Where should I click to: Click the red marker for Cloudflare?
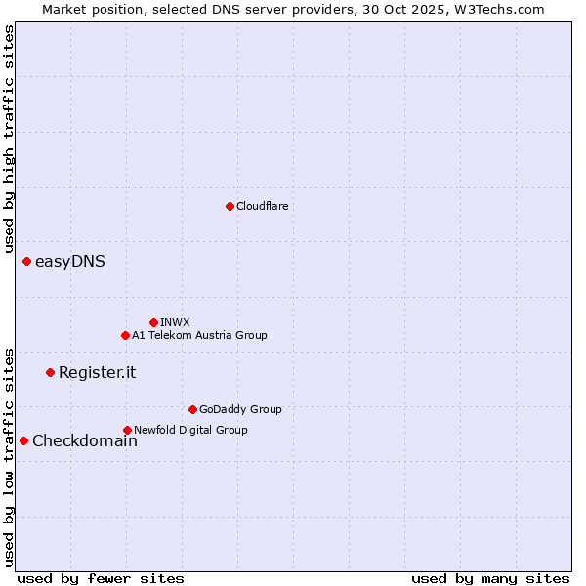click(x=230, y=206)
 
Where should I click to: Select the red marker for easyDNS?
click(x=26, y=261)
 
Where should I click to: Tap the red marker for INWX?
click(x=153, y=322)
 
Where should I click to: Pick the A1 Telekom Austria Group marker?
click(x=125, y=335)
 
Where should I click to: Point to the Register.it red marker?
click(x=50, y=372)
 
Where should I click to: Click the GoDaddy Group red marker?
click(x=192, y=409)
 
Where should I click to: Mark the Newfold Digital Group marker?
click(x=127, y=430)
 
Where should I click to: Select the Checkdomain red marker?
click(x=23, y=440)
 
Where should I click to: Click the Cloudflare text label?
click(x=263, y=206)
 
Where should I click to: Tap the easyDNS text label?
click(x=70, y=261)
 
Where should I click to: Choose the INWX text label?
click(x=176, y=322)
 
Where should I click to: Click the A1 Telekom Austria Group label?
click(x=199, y=335)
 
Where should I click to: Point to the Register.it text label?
click(x=98, y=372)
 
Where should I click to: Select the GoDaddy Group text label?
click(x=240, y=409)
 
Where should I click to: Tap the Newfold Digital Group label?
click(x=190, y=430)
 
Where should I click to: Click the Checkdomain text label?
click(x=85, y=440)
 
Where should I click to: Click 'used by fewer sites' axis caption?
click(x=101, y=578)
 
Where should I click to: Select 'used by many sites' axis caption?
click(x=490, y=578)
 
